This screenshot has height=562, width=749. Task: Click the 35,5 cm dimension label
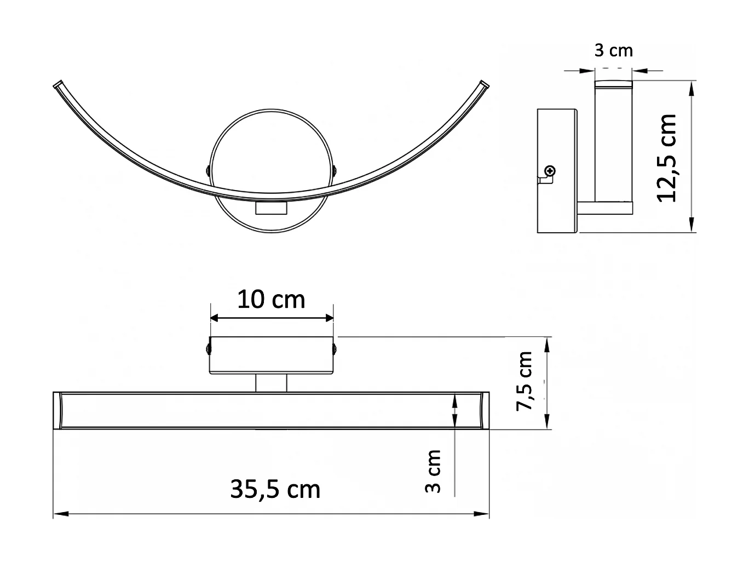[275, 489]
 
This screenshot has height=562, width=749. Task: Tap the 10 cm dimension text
[271, 300]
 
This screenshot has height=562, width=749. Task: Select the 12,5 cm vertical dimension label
[667, 158]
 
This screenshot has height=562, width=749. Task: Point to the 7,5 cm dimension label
[524, 381]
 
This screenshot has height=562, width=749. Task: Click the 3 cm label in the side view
[613, 51]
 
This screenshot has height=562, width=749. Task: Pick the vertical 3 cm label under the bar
[433, 471]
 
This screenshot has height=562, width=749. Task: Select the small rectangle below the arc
[272, 209]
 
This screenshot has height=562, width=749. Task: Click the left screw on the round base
[208, 170]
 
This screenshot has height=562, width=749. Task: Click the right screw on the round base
[334, 170]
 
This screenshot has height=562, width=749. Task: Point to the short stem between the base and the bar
[271, 383]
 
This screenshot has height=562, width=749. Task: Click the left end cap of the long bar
[58, 411]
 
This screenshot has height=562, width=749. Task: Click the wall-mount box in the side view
[557, 170]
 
